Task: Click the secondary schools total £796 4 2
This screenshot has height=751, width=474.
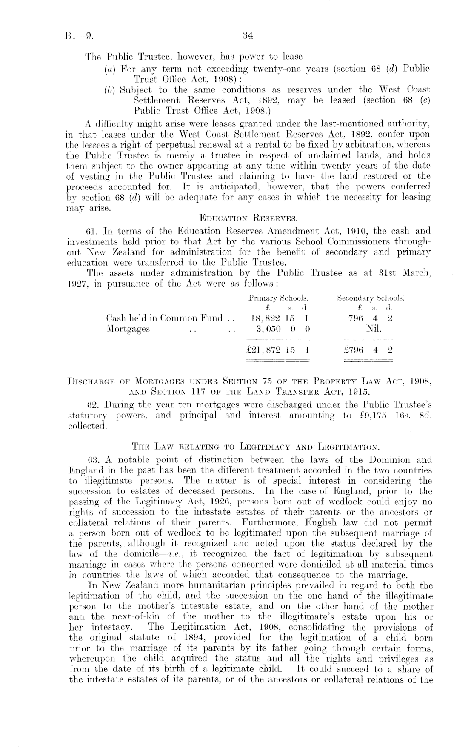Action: click(x=368, y=350)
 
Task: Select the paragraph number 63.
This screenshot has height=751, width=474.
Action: click(x=92, y=460)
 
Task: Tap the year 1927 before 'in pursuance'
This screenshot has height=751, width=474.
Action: click(x=77, y=284)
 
